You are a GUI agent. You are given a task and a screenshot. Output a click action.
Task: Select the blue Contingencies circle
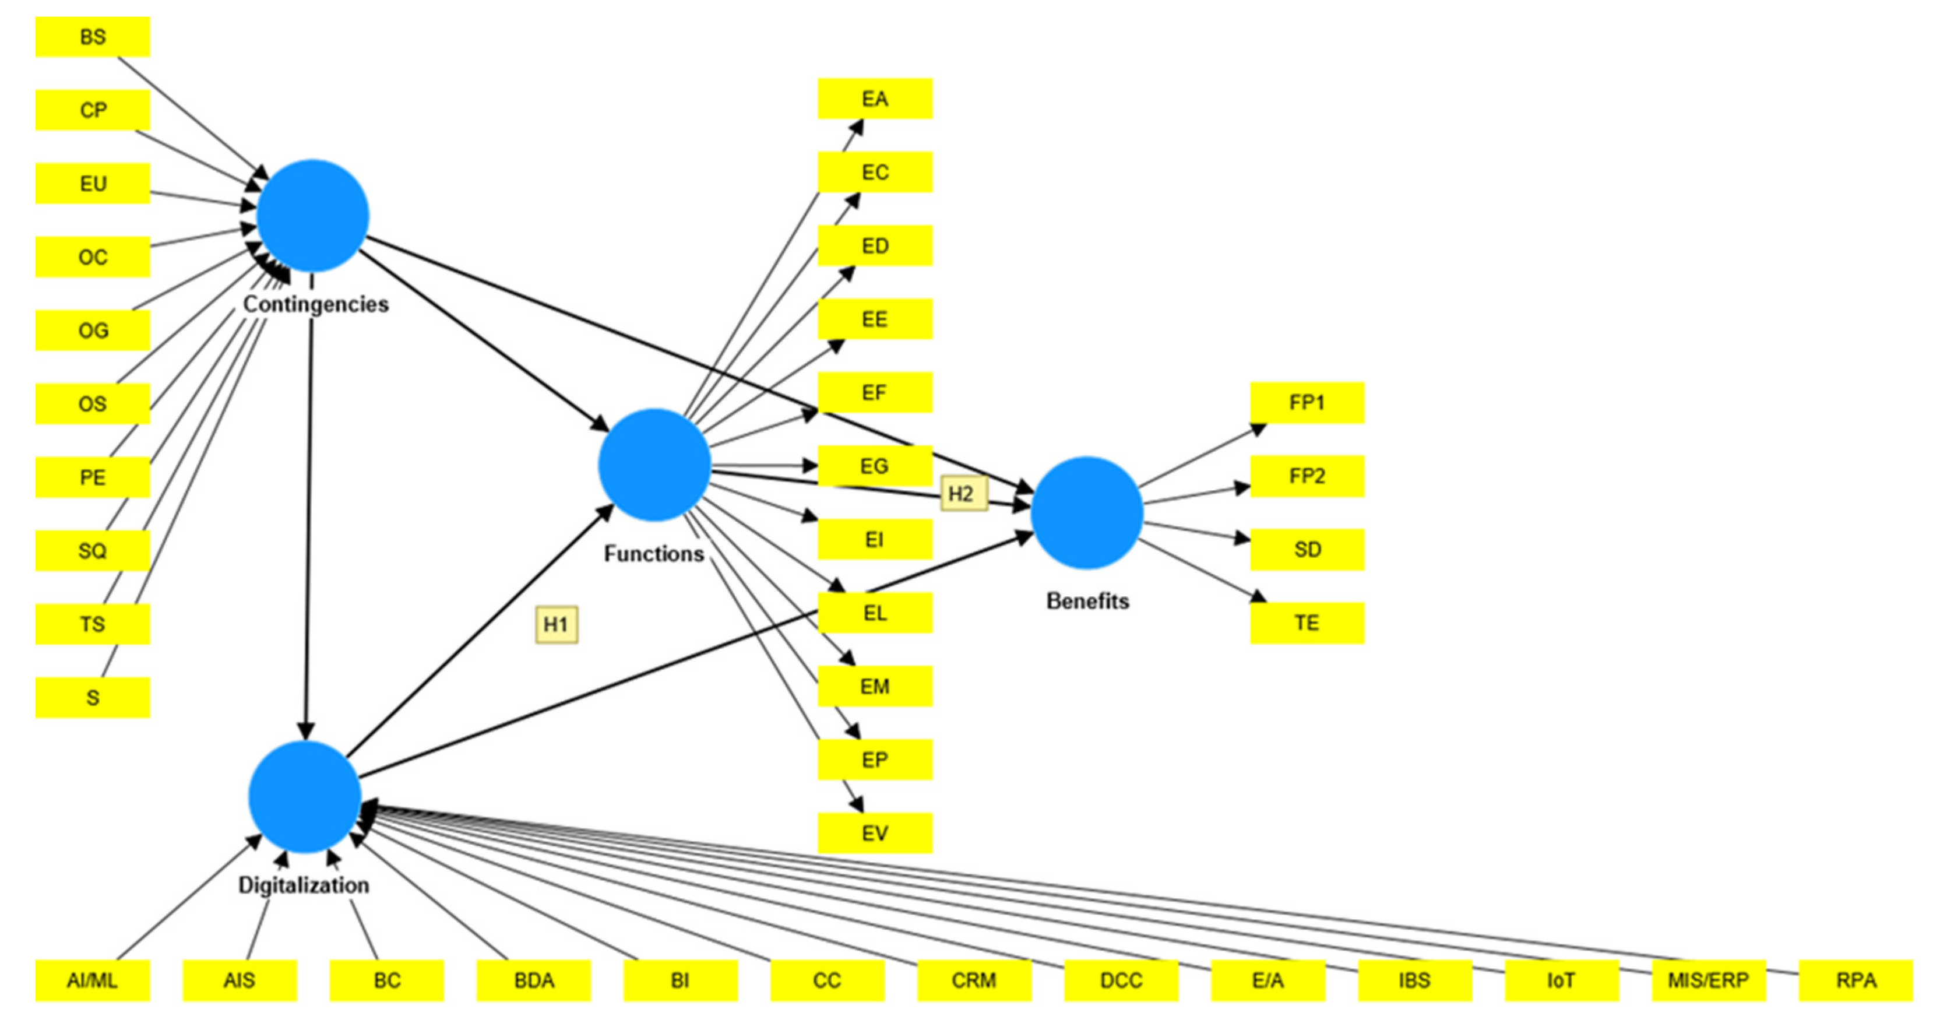(313, 216)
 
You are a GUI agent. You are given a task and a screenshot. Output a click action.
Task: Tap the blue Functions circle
(654, 465)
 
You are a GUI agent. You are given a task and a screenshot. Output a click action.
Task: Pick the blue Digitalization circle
(305, 797)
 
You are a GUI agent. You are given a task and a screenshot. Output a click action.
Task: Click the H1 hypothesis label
(556, 624)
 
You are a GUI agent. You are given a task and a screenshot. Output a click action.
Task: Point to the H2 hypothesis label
(963, 494)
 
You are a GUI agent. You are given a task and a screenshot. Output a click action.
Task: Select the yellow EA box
(874, 99)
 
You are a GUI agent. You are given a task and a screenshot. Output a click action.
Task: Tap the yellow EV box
(874, 833)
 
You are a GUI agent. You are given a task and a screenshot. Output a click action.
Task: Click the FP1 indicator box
(1307, 403)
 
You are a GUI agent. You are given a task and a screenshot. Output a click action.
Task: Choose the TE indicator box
(1307, 623)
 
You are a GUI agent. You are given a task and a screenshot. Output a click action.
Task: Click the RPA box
(1855, 980)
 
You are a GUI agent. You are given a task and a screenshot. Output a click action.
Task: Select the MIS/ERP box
(1708, 980)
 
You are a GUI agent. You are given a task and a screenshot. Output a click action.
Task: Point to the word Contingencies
(315, 304)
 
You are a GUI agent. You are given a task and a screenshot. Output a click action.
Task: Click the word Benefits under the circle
(1087, 600)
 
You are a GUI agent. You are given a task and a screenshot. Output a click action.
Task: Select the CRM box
(973, 980)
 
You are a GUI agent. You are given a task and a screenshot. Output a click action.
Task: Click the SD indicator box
(1307, 550)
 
